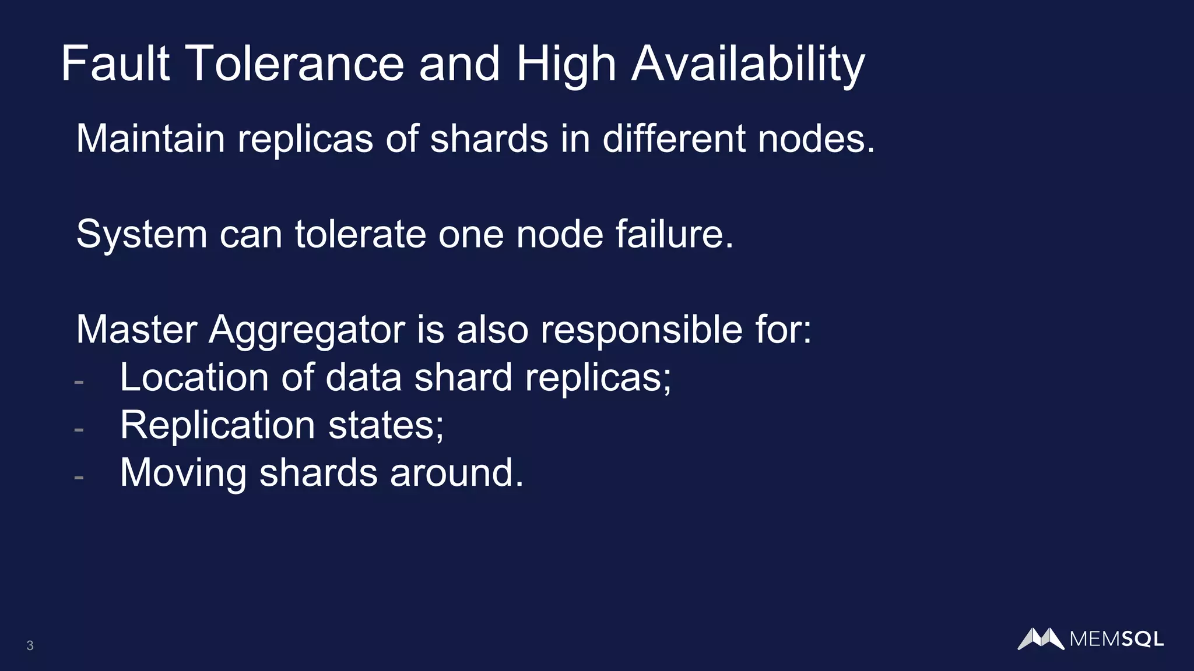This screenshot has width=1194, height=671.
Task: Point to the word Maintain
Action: (150, 139)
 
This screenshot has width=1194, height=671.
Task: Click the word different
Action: (673, 139)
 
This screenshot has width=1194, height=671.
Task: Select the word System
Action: (142, 234)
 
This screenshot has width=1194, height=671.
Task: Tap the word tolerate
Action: (360, 234)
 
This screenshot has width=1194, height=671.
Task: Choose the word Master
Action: (136, 330)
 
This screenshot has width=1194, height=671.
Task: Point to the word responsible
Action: (641, 330)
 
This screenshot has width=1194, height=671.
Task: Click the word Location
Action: (194, 377)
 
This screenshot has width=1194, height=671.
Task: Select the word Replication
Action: (217, 426)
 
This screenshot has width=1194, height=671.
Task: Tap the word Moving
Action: (183, 473)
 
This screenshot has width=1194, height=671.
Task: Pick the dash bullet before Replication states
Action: (79, 430)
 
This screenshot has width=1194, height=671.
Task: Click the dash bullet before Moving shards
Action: (79, 478)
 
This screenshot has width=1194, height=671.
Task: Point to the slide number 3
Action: (30, 645)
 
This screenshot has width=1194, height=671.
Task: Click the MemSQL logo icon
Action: (1041, 638)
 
